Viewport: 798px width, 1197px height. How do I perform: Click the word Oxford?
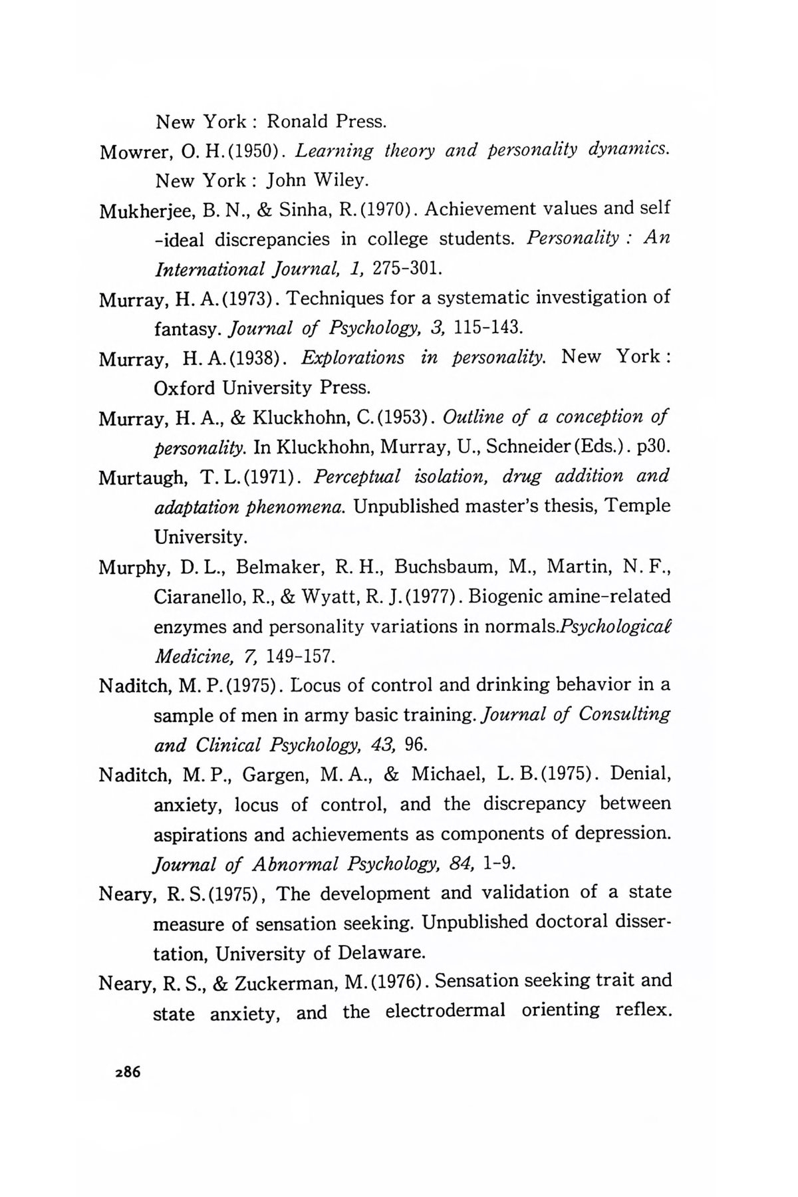click(x=186, y=387)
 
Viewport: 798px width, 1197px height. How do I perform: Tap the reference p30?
click(x=652, y=447)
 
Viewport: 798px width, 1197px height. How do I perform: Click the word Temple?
click(x=641, y=506)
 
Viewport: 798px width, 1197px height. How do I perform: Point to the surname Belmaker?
click(x=279, y=567)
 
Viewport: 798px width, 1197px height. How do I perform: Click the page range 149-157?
click(x=298, y=657)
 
